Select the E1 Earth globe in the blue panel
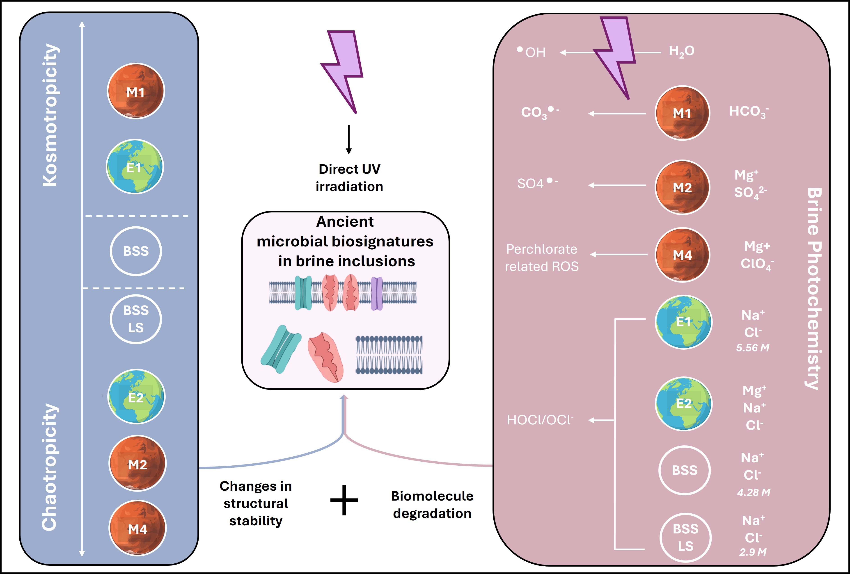[135, 167]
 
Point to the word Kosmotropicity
[50, 115]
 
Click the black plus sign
[344, 500]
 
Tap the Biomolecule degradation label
[432, 505]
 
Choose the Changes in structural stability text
[256, 503]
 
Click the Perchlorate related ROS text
[542, 258]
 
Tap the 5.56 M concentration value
[753, 348]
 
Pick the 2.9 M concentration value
[753, 552]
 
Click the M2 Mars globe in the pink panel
[682, 187]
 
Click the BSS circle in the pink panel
[684, 470]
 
